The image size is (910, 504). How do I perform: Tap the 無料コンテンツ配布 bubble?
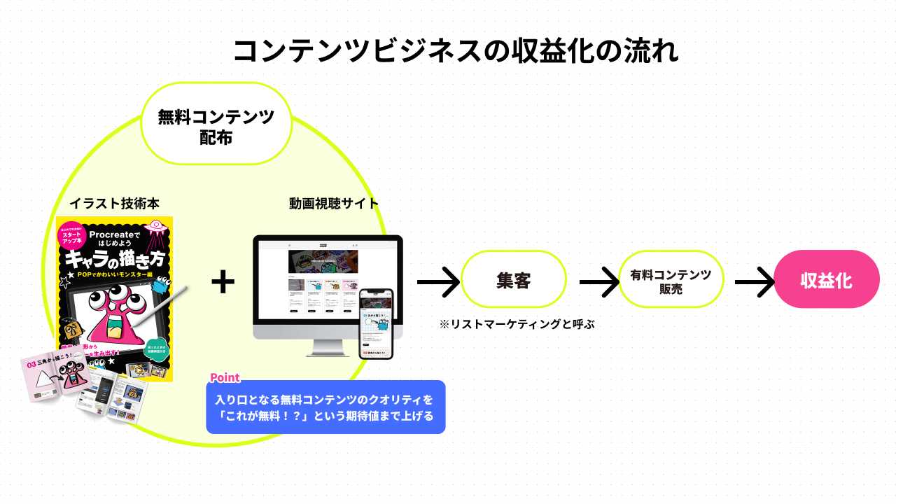[216, 126]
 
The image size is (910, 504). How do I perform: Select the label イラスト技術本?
[114, 204]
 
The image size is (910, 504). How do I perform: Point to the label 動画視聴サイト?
[334, 204]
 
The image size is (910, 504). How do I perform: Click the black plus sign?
[223, 281]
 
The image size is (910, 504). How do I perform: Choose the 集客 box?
[513, 280]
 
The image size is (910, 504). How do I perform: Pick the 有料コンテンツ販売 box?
[671, 281]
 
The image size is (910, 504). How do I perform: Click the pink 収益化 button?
[826, 280]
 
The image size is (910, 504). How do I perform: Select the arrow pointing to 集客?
[438, 281]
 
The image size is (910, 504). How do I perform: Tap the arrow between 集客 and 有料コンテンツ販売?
[599, 281]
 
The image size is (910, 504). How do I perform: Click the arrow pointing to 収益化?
[755, 281]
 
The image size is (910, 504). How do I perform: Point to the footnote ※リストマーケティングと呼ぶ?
[517, 324]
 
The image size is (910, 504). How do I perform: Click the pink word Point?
[225, 378]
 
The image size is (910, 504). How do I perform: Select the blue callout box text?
[325, 407]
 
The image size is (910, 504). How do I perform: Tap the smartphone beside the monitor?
[376, 323]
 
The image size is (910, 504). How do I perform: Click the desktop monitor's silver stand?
[327, 346]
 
